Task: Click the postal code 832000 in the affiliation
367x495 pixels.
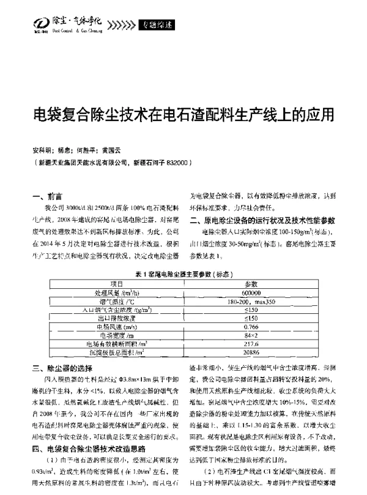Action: (176, 164)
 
